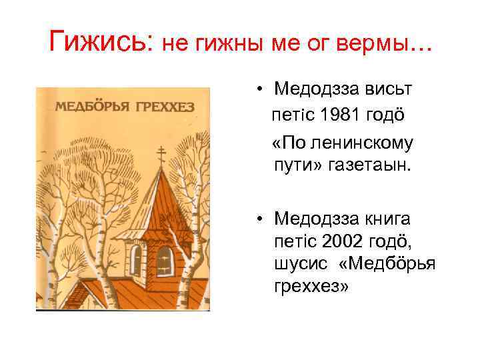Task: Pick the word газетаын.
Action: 372,163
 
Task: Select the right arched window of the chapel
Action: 165,260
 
